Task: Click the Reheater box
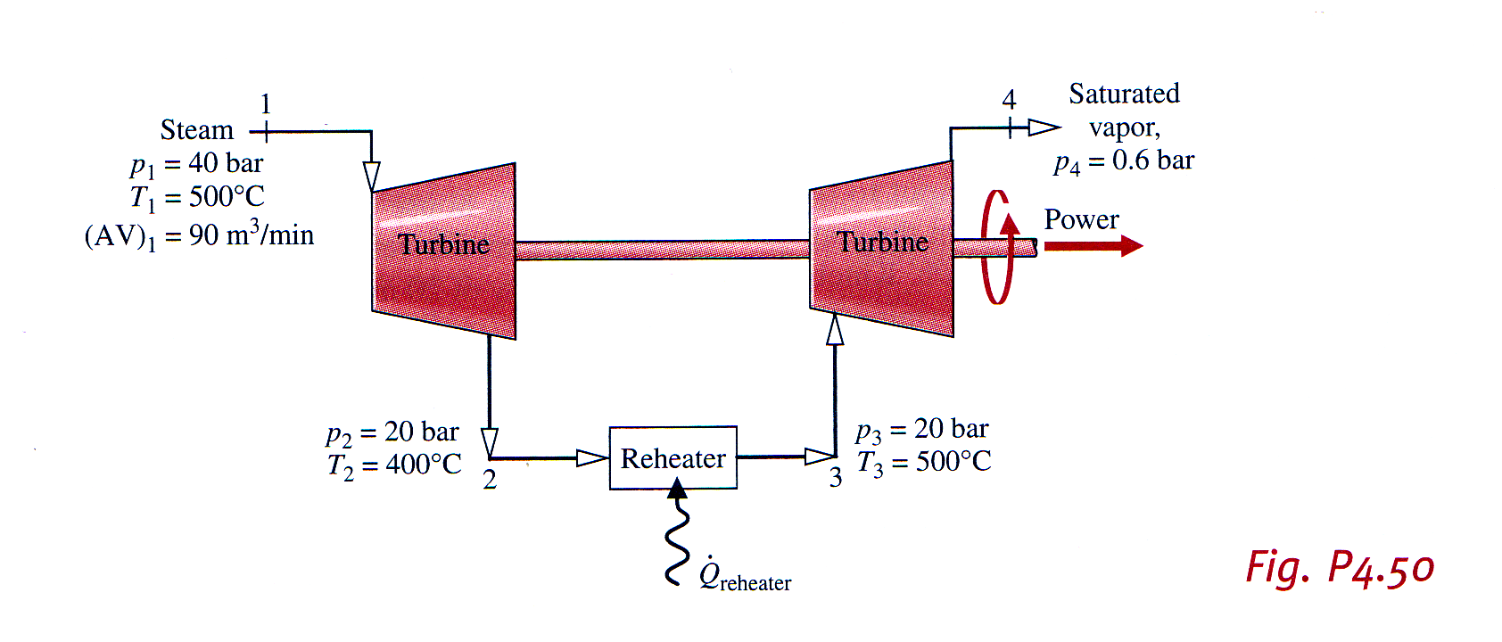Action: (x=673, y=457)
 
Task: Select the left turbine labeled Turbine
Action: (x=443, y=251)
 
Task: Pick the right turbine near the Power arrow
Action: (x=881, y=249)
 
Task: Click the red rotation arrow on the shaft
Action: (x=997, y=247)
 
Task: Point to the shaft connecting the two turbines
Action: (x=662, y=250)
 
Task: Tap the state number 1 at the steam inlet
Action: (x=265, y=104)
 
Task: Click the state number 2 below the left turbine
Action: (x=489, y=480)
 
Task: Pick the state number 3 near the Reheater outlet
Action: (x=835, y=478)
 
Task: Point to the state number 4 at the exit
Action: (x=1009, y=99)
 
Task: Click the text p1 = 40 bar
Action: (x=196, y=164)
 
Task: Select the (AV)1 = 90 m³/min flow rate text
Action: (x=199, y=235)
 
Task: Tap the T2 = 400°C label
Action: (x=394, y=465)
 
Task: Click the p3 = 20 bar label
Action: (x=921, y=430)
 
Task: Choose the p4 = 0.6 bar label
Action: (x=1123, y=161)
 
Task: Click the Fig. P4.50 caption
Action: (x=1339, y=568)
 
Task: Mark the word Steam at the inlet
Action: (x=196, y=130)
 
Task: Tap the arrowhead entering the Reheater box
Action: (x=592, y=458)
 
